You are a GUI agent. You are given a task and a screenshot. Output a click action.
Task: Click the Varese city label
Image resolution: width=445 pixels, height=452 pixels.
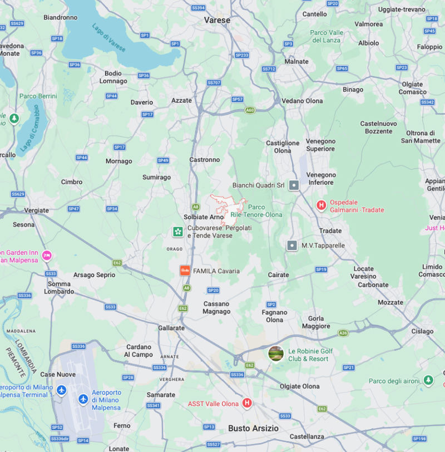(x=217, y=19)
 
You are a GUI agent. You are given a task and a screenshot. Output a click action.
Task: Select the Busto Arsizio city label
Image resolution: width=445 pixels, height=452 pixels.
(x=253, y=429)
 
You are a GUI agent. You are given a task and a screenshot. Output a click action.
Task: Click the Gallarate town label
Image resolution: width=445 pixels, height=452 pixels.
(x=171, y=328)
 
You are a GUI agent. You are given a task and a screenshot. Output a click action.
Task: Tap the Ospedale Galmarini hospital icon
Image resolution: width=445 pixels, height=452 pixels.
(x=321, y=206)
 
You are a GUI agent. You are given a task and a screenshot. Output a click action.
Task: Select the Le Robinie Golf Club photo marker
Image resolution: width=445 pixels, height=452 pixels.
(x=276, y=353)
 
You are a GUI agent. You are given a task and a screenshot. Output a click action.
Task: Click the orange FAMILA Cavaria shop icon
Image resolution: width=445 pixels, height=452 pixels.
(x=185, y=271)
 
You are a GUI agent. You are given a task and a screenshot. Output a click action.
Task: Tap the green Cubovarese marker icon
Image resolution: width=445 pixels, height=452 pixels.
(x=177, y=232)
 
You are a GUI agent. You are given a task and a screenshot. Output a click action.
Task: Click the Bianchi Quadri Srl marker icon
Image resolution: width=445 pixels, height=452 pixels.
(x=294, y=185)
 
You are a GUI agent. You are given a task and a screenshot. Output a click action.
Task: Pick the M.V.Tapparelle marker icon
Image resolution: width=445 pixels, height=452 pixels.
(x=292, y=245)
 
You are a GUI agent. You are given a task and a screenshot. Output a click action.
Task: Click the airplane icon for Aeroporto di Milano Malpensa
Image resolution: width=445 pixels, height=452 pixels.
(x=83, y=399)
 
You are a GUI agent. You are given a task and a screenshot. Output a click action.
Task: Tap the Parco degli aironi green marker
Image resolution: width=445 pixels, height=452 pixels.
(x=428, y=381)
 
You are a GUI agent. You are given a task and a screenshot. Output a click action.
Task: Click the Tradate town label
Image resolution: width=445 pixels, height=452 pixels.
(x=330, y=231)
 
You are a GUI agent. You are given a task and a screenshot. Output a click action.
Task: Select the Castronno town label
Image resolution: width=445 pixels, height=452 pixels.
(x=205, y=160)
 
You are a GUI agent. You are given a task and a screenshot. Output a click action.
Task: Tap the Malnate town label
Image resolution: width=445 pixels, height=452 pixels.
(x=296, y=62)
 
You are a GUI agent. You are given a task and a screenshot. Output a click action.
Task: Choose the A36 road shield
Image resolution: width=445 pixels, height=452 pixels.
(x=343, y=333)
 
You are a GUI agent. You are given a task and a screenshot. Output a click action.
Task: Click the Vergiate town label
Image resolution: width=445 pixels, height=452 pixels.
(x=37, y=211)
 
